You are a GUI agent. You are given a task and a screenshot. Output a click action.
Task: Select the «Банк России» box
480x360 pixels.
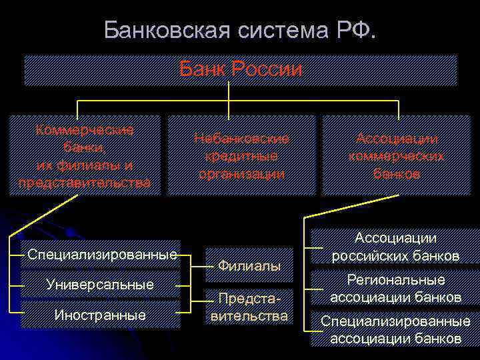(241, 70)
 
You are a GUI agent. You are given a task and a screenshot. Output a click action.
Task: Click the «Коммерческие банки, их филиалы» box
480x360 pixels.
(85, 155)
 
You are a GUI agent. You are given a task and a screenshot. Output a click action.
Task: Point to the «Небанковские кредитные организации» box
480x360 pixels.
(241, 155)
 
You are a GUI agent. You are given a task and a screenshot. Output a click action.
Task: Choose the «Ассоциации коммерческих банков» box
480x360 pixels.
(397, 155)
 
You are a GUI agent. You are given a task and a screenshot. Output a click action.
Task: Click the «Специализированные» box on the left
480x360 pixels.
(102, 254)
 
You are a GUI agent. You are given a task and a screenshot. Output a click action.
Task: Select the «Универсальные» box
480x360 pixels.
(100, 285)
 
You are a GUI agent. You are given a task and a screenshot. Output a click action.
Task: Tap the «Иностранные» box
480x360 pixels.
(101, 315)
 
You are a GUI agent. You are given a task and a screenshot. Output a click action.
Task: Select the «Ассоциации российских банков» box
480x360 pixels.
(395, 247)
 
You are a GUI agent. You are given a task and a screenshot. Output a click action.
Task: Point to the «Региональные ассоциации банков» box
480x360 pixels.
(395, 288)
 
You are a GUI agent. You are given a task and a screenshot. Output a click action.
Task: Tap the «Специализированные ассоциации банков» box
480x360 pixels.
(395, 329)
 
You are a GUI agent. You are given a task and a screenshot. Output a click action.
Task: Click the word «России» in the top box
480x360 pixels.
(270, 70)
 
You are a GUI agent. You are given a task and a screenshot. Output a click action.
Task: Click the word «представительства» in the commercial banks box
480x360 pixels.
(85, 182)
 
